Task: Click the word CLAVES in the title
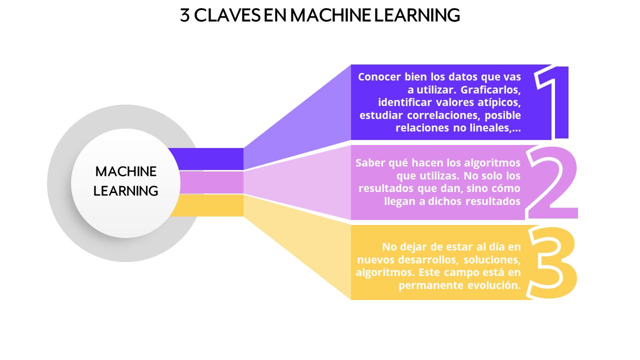tap(227, 15)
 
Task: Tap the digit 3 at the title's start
tap(185, 15)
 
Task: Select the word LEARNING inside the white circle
tap(125, 191)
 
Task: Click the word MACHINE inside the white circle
tap(125, 171)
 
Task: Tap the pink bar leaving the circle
tap(211, 182)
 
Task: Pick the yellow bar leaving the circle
tap(207, 205)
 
